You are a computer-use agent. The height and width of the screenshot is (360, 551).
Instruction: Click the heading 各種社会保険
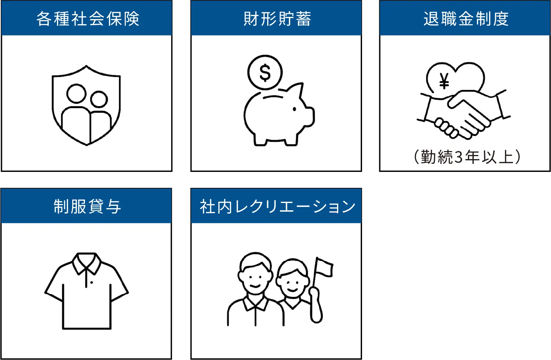pos(88,19)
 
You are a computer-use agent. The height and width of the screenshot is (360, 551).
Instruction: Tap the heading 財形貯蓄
pos(277,19)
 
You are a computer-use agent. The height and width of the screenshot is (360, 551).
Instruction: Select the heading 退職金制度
pos(466,19)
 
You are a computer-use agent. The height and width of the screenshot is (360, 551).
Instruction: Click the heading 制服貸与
pos(87,206)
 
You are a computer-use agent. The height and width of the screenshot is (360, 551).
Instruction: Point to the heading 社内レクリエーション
pos(277,206)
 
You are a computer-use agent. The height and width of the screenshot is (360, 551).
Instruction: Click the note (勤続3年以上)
pos(467,157)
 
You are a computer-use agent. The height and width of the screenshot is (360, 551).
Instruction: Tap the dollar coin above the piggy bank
pos(265,73)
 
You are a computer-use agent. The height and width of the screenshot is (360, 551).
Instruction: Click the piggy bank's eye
pos(295,109)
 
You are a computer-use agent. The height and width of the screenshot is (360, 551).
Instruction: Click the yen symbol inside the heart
pos(444,81)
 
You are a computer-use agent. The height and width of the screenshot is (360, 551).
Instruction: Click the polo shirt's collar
pos(86,264)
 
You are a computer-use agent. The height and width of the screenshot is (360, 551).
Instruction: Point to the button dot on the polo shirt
pos(92,283)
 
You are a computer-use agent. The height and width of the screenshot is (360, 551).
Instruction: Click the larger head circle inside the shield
pos(76,94)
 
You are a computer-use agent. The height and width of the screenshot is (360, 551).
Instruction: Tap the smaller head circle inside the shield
pos(99,99)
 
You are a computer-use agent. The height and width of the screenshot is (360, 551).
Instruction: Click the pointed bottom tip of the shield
pos(87,145)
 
